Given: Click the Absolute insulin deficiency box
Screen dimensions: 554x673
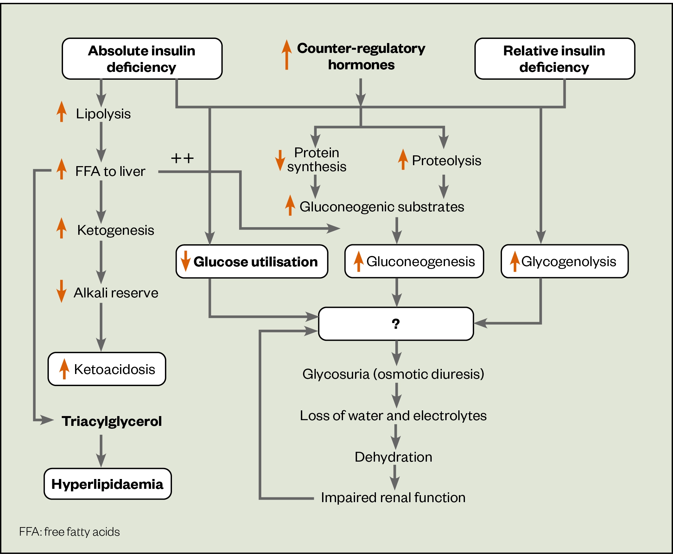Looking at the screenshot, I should click(x=142, y=59).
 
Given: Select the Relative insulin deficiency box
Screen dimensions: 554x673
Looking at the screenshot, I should click(x=554, y=59).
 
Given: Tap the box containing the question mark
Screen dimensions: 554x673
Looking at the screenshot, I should click(x=396, y=324).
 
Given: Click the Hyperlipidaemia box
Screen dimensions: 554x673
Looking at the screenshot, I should click(x=107, y=484).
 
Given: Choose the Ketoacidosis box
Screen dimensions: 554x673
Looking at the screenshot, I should click(x=107, y=369).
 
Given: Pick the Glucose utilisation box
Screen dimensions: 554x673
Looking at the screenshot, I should click(x=252, y=261).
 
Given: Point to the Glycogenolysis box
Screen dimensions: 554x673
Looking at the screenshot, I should click(x=564, y=261).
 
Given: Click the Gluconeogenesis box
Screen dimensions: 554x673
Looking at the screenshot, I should click(x=414, y=261).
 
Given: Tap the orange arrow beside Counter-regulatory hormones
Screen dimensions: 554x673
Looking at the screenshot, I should click(x=287, y=54).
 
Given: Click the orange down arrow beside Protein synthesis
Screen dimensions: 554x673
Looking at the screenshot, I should click(x=280, y=160).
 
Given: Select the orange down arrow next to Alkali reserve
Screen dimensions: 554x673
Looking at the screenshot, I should click(x=61, y=291).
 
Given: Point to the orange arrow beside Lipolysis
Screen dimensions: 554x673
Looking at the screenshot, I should click(x=61, y=112).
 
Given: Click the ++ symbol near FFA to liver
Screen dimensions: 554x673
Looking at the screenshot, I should click(x=182, y=158).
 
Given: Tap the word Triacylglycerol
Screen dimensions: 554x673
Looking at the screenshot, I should click(x=111, y=421).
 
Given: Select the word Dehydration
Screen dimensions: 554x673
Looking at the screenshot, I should click(x=393, y=457).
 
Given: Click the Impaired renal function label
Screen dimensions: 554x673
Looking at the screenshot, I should click(x=393, y=497).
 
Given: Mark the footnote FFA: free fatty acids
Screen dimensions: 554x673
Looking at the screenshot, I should click(x=69, y=532).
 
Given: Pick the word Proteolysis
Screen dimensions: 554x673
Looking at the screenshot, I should click(x=446, y=160).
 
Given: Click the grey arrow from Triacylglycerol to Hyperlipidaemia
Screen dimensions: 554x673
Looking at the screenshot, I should click(x=101, y=451).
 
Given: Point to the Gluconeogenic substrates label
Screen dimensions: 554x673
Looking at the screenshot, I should click(x=381, y=207).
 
